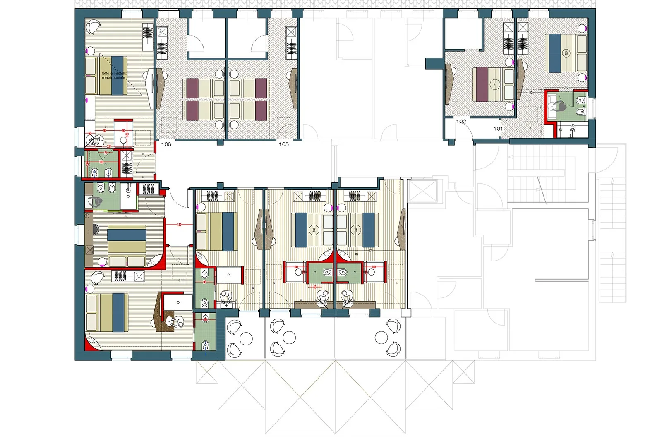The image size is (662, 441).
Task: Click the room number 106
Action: [x=166, y=144]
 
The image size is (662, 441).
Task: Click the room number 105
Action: [x=283, y=144]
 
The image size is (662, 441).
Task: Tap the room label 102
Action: [x=461, y=122]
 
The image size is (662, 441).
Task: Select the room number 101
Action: [x=498, y=129]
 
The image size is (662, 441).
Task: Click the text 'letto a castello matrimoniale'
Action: [x=114, y=75]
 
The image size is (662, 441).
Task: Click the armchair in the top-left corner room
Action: [x=94, y=27]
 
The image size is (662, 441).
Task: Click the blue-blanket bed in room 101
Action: [x=566, y=53]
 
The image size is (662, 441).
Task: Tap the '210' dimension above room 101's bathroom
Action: [x=566, y=88]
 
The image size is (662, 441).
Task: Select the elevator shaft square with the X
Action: [x=423, y=191]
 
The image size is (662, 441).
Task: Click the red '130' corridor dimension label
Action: [x=179, y=225]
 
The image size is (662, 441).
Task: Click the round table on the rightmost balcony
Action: [x=381, y=338]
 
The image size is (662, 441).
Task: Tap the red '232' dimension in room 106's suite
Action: [x=108, y=146]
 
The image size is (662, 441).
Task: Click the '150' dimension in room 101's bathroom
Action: [x=572, y=126]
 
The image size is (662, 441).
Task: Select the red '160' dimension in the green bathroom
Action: [x=101, y=162]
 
